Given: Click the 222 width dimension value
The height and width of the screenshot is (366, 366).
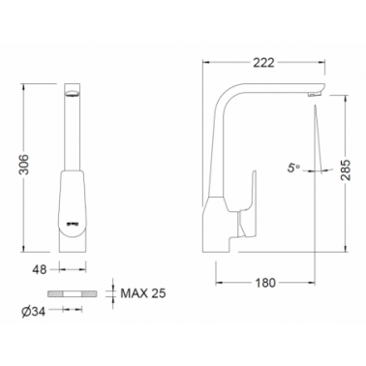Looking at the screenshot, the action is [263, 63].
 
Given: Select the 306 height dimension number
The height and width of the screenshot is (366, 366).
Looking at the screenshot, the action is [24, 165].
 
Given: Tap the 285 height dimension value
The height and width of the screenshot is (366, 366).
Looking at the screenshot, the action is [346, 169].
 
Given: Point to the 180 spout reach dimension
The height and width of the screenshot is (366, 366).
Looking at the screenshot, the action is [265, 283].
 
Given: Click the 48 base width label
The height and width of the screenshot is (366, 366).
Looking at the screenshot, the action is [40, 269].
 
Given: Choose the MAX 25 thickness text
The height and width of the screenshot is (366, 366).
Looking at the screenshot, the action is [143, 293].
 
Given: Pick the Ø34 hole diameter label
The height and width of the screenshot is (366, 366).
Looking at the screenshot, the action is [34, 312].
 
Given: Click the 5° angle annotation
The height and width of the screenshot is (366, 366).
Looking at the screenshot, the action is [294, 168].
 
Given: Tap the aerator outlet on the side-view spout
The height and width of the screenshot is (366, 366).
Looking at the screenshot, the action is [314, 94].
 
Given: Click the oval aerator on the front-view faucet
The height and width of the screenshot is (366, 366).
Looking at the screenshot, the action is [72, 93].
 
